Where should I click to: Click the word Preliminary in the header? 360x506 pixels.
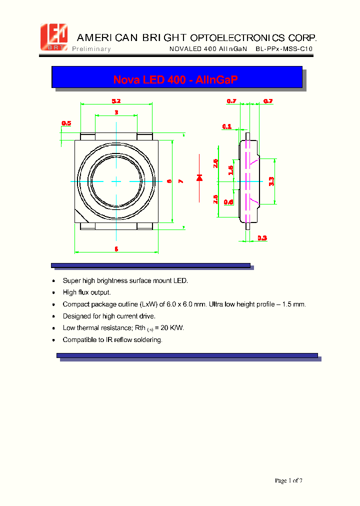(91, 49)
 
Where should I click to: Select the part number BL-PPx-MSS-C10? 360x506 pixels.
(283, 49)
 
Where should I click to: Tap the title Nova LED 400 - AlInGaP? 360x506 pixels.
(175, 79)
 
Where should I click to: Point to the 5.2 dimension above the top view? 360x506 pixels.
(116, 101)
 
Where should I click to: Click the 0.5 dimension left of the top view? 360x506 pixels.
(66, 123)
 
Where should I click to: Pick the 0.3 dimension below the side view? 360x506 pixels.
(262, 238)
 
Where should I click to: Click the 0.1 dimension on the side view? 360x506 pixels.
(227, 126)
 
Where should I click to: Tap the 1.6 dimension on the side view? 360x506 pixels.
(231, 170)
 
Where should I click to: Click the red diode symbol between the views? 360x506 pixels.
(199, 177)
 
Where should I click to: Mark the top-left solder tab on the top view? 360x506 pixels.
(88, 136)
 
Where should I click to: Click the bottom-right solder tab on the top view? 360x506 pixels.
(145, 226)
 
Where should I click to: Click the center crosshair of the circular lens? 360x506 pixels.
(116, 180)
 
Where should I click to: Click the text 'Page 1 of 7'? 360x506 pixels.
(288, 480)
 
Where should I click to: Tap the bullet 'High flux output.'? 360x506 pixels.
(86, 292)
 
